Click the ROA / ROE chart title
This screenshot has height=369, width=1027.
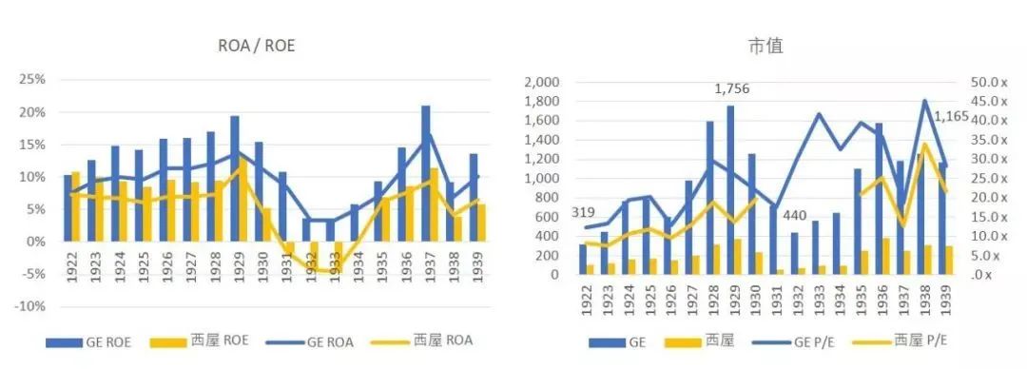click(258, 44)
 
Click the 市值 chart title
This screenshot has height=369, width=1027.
click(766, 45)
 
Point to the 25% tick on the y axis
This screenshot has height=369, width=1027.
click(33, 80)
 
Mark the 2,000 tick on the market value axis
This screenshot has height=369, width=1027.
click(541, 82)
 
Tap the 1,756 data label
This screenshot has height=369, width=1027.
click(733, 89)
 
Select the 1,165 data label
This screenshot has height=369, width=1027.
click(952, 118)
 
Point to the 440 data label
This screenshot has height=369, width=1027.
click(797, 215)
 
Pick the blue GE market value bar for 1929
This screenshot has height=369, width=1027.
click(730, 190)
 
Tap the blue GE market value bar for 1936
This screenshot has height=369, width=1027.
click(879, 199)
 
